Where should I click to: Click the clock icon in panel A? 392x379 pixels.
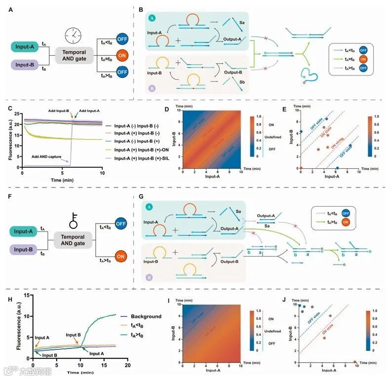[x=73, y=35]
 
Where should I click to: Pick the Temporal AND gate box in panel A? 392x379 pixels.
[x=74, y=55]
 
